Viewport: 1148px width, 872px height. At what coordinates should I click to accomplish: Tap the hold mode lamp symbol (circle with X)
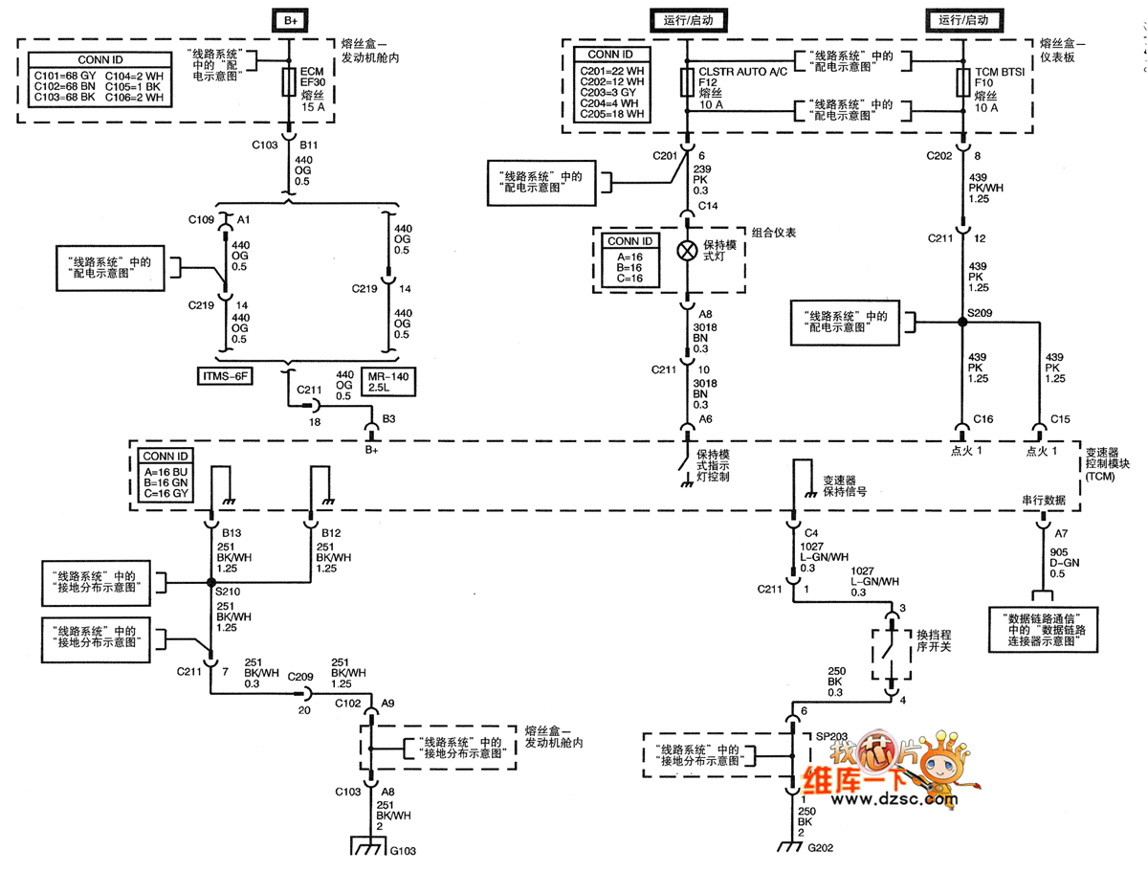point(686,251)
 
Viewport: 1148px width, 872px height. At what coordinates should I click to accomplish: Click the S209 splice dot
point(962,322)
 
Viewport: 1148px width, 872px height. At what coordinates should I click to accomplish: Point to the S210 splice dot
point(210,582)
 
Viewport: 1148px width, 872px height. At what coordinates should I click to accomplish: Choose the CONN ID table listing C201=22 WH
point(610,85)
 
